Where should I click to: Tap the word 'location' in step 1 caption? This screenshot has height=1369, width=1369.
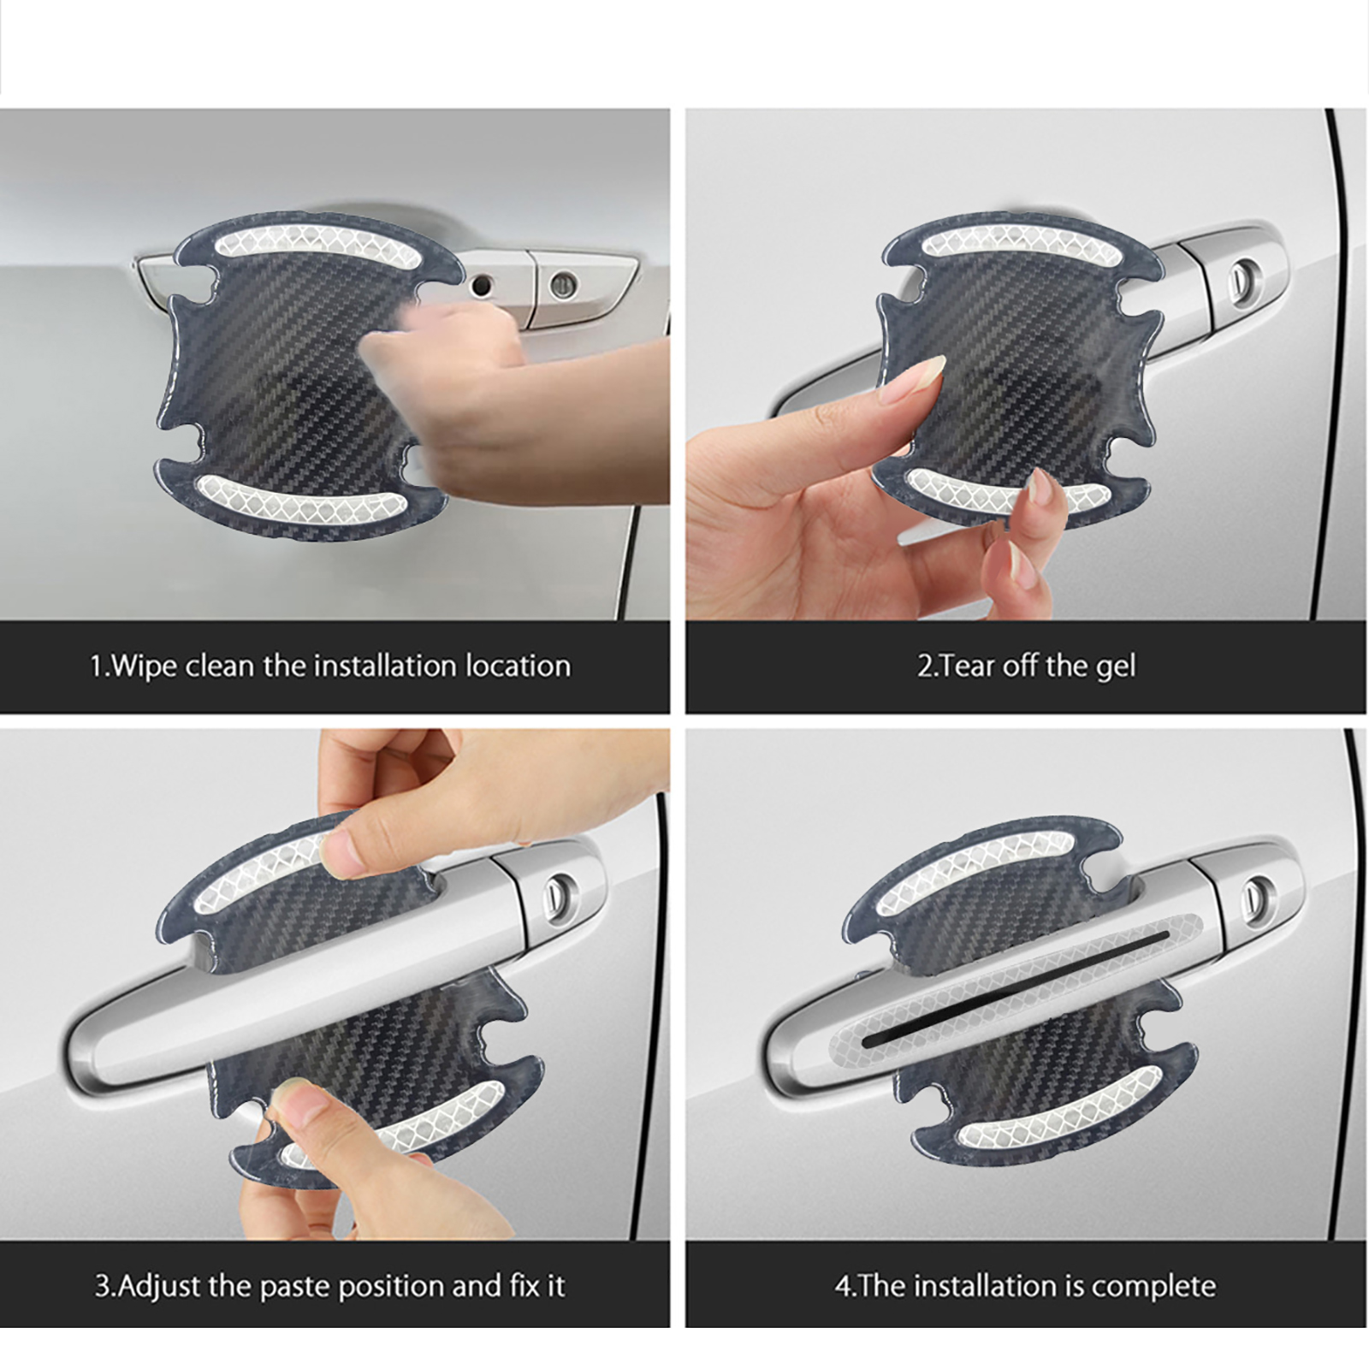pyautogui.click(x=518, y=666)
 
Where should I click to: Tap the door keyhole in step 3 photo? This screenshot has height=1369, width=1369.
pyautogui.click(x=561, y=891)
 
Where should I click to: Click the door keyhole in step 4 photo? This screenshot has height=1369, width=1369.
pyautogui.click(x=1256, y=893)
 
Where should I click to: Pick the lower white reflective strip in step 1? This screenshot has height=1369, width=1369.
pyautogui.click(x=299, y=497)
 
